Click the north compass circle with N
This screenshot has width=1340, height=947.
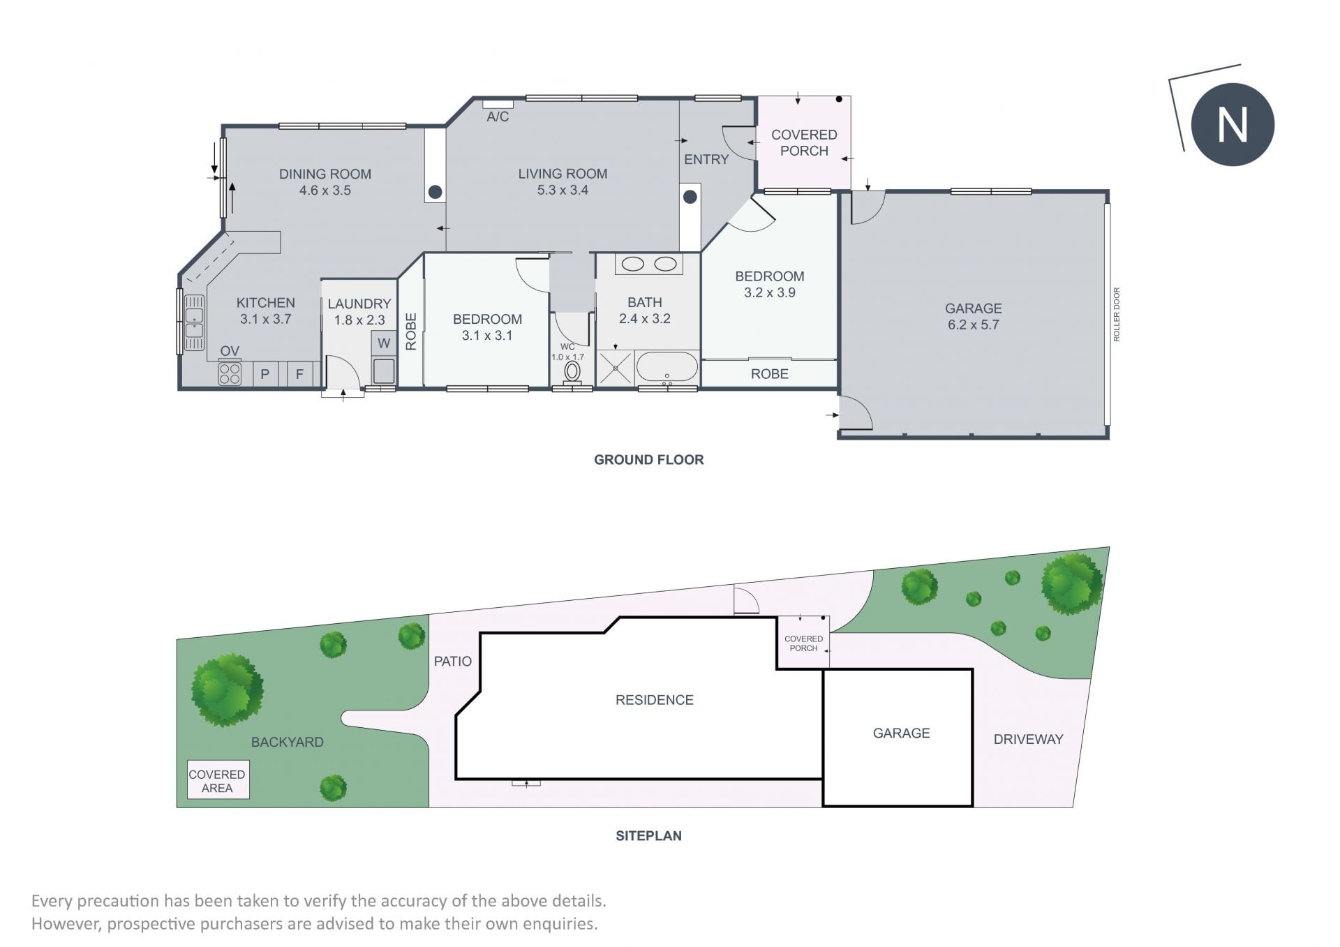pyautogui.click(x=1232, y=124)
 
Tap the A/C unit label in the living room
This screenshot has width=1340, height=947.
pyautogui.click(x=498, y=117)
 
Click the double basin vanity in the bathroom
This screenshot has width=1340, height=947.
pyautogui.click(x=648, y=264)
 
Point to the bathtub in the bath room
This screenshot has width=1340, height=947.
pyautogui.click(x=667, y=368)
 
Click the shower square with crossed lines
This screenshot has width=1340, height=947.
pyautogui.click(x=615, y=368)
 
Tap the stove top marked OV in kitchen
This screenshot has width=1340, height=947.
pyautogui.click(x=230, y=373)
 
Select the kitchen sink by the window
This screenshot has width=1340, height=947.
pyautogui.click(x=194, y=322)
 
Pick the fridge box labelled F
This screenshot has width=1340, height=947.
pyautogui.click(x=299, y=374)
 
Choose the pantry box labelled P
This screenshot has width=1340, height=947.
pyautogui.click(x=265, y=374)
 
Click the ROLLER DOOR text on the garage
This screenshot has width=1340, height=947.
pyautogui.click(x=1117, y=314)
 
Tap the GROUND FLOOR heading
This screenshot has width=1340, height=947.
pyautogui.click(x=648, y=459)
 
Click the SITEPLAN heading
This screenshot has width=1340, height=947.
pyautogui.click(x=648, y=835)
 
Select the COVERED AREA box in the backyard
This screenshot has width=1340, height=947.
pyautogui.click(x=218, y=780)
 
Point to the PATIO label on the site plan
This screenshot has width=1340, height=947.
pyautogui.click(x=453, y=661)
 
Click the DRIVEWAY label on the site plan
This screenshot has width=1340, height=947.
pyautogui.click(x=1028, y=739)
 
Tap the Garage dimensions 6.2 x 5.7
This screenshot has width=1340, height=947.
pyautogui.click(x=973, y=325)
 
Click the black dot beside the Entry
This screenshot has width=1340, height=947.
pyautogui.click(x=690, y=197)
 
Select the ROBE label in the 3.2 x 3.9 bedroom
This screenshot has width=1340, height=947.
pyautogui.click(x=769, y=374)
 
